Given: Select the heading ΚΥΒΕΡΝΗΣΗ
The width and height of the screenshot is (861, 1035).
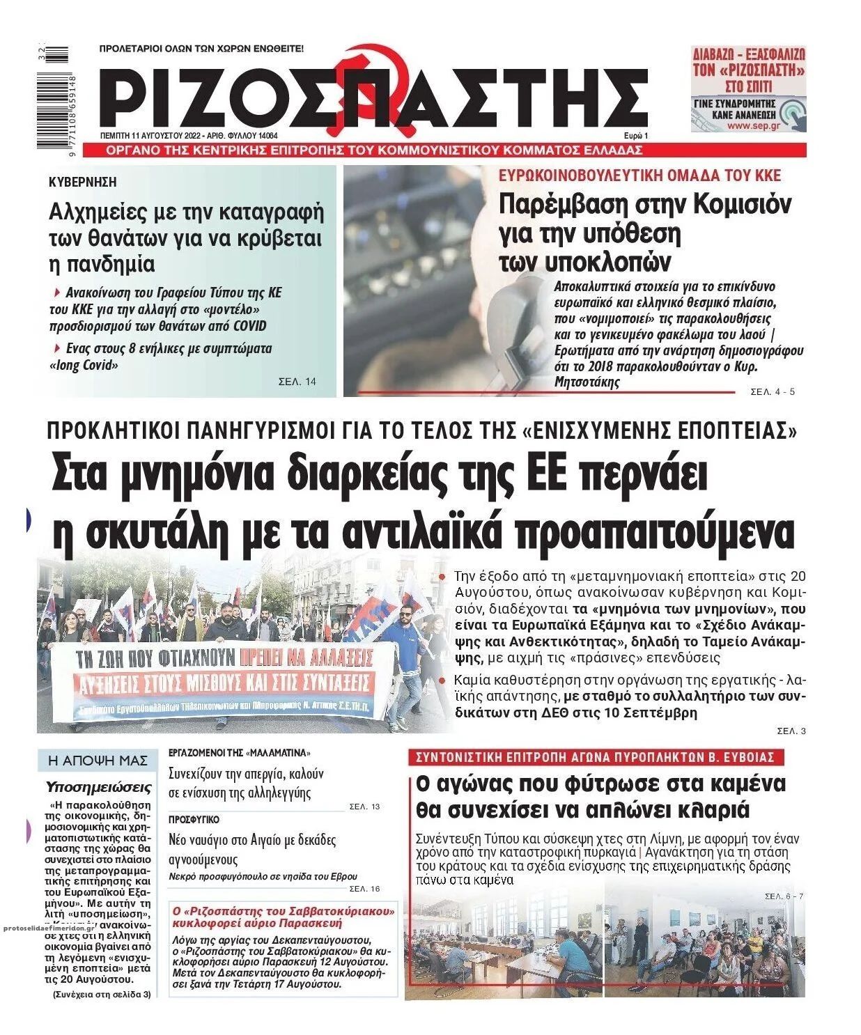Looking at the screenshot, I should (x=83, y=182).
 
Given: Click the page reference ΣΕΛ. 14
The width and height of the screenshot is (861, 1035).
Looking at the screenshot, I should (x=297, y=382).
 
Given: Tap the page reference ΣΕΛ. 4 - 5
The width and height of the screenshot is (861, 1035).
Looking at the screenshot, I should (x=773, y=392).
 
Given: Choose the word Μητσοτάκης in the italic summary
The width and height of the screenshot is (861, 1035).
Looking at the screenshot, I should (x=586, y=382).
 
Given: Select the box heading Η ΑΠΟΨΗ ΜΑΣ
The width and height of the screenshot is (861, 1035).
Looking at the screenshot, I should (x=98, y=761).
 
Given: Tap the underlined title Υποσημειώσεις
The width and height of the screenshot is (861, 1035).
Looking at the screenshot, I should (x=98, y=788).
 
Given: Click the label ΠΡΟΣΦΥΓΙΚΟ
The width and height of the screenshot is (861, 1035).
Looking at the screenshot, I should (x=194, y=820).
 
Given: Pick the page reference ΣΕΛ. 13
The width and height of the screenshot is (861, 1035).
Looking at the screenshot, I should (x=364, y=807).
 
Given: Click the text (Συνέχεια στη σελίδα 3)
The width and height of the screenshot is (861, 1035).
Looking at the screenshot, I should (x=102, y=995).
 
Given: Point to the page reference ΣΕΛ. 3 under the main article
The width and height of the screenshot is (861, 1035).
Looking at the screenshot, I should (x=791, y=731).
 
